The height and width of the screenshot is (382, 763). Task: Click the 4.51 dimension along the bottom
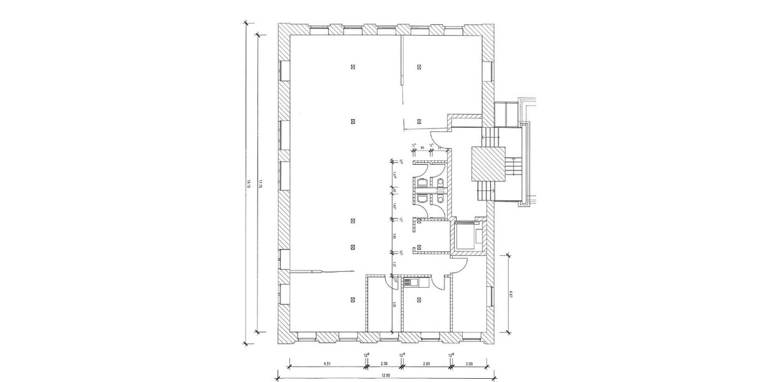pos(327,364)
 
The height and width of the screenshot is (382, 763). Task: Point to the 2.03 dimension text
pos(469,364)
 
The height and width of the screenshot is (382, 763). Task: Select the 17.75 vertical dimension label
pos(261,185)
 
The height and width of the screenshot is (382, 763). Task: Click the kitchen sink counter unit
pos(411,281)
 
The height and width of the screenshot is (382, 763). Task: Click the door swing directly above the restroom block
pos(436,136)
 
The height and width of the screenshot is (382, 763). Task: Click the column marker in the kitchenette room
pos(419,299)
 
